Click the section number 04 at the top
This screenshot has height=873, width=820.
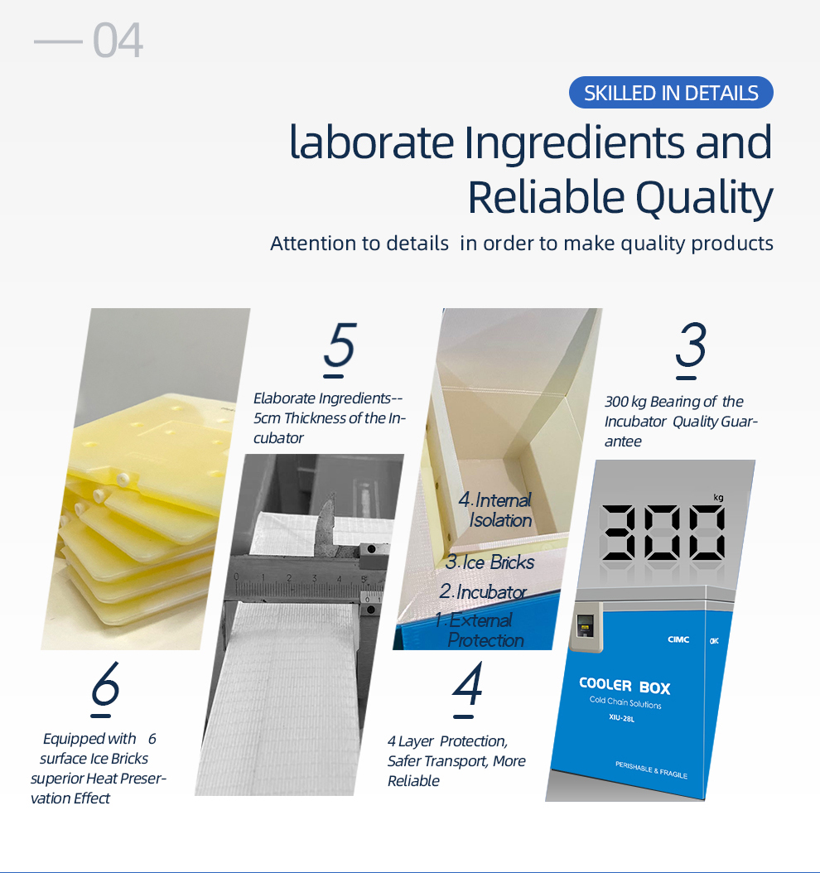click(118, 40)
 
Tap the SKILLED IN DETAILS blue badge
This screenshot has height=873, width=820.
click(671, 93)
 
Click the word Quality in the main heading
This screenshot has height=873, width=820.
click(704, 198)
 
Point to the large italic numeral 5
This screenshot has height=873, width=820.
click(339, 345)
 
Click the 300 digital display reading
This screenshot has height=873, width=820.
click(663, 533)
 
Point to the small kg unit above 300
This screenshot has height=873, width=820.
click(718, 497)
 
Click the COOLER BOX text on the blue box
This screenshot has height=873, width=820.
click(625, 686)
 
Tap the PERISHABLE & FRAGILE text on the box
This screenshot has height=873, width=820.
click(651, 770)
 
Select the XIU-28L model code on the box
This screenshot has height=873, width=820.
click(622, 717)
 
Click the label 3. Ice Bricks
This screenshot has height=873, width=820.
click(490, 562)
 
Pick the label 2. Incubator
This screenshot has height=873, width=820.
click(483, 591)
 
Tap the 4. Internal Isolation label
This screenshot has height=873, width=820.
click(495, 510)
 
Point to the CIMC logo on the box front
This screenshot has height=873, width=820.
click(678, 639)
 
